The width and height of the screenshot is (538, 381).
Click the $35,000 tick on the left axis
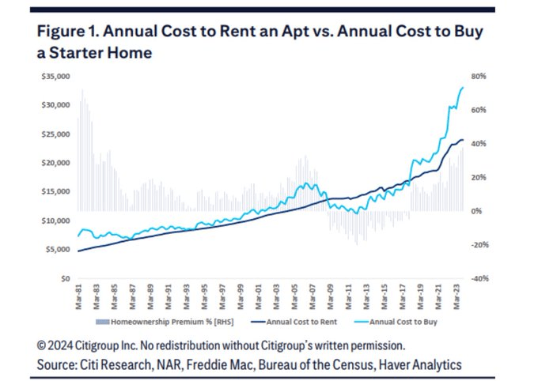click(56, 77)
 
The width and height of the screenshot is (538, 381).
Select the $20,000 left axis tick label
click(56, 163)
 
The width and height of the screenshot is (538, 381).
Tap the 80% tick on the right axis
click(483, 77)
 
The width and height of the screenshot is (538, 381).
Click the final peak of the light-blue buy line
click(463, 87)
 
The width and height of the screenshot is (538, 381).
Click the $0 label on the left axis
click(66, 279)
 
